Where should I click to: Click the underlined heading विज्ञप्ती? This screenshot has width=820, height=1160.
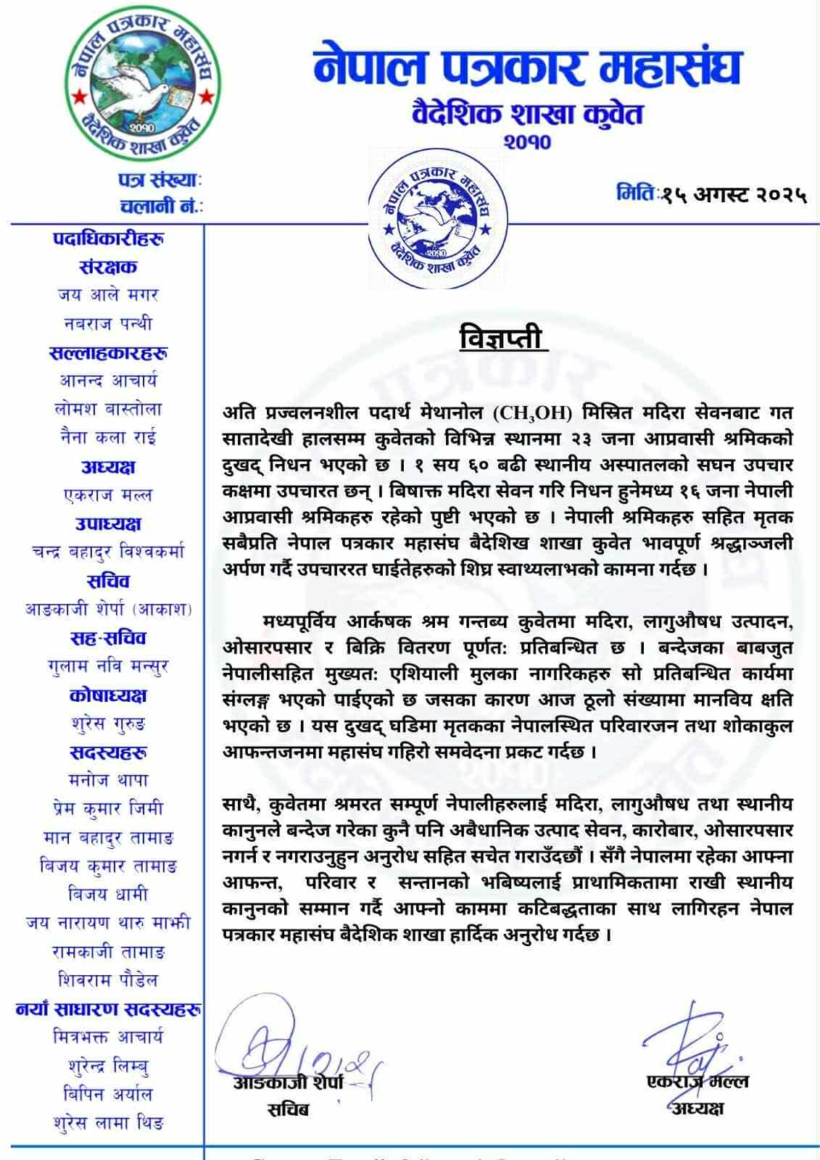[504, 338]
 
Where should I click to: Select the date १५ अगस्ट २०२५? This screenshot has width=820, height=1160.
[733, 194]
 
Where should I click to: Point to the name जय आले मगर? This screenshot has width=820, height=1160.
[108, 295]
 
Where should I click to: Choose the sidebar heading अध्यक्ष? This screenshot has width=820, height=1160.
[108, 468]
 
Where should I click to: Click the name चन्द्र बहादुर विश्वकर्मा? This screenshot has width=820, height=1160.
[108, 552]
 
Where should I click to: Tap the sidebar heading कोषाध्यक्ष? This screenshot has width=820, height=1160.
[108, 695]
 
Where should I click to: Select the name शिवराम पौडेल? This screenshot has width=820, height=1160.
[108, 980]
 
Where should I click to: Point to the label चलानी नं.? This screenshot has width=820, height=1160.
[162, 206]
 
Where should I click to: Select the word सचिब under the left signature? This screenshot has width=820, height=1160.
[287, 1109]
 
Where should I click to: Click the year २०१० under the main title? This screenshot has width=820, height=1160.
[527, 141]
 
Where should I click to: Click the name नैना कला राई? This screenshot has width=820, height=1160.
[108, 438]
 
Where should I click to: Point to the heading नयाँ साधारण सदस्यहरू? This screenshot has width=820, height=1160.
[108, 1008]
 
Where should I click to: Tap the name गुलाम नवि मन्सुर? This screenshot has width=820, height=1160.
[108, 666]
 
